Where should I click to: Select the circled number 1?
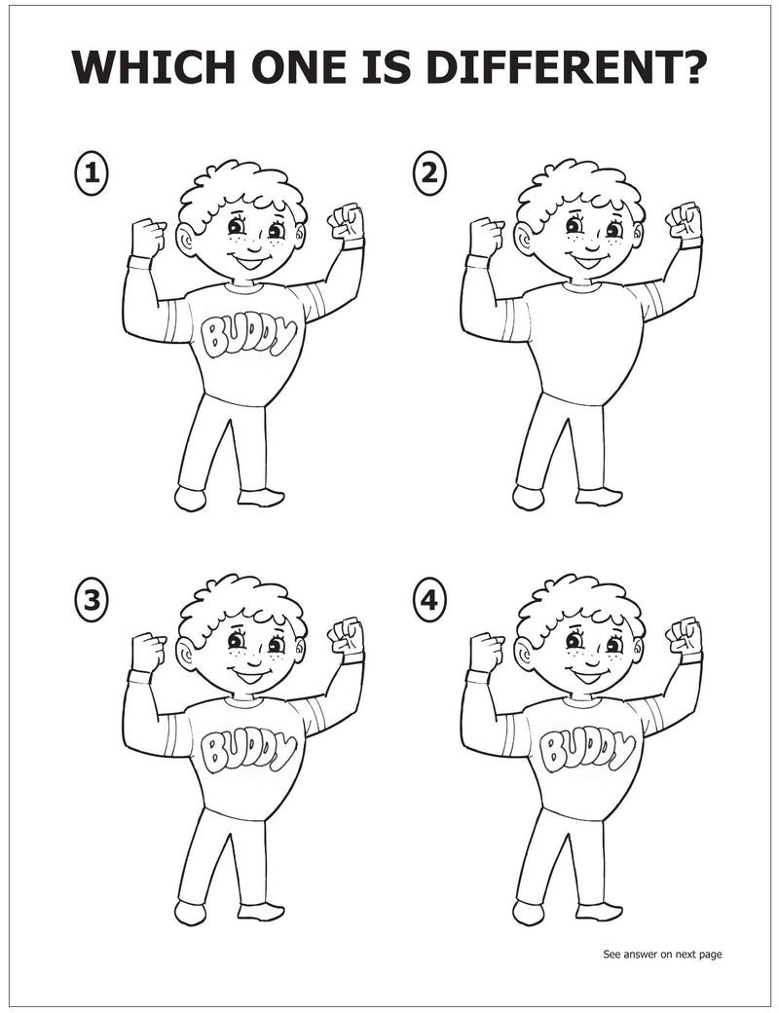click(x=92, y=174)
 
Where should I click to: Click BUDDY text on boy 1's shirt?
click(x=247, y=335)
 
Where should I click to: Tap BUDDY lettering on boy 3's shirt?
click(x=247, y=750)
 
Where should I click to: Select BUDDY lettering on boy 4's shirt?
click(x=585, y=750)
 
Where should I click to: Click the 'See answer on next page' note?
click(x=662, y=955)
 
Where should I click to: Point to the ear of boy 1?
click(x=187, y=240)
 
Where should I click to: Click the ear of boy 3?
click(x=187, y=654)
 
